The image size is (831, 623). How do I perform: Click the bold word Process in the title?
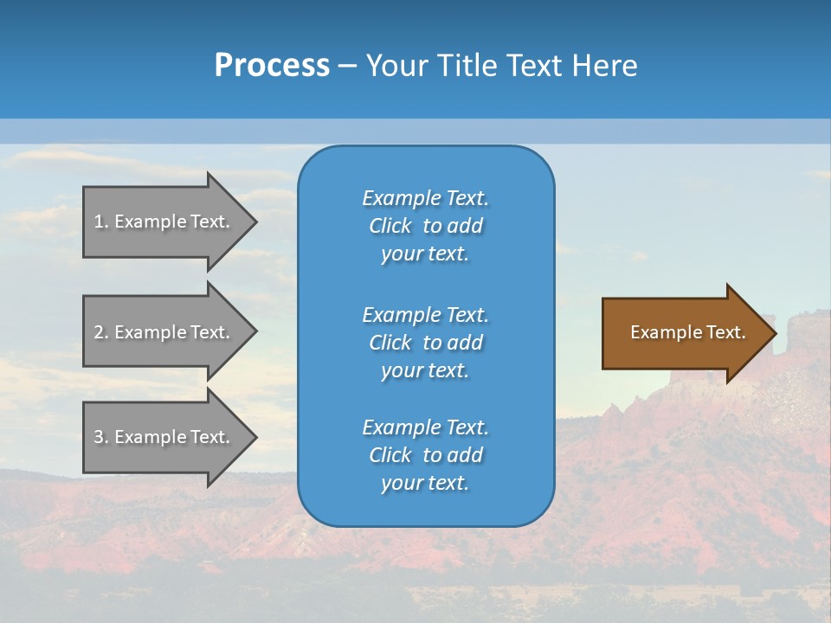(272, 66)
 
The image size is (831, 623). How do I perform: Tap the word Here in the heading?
(603, 66)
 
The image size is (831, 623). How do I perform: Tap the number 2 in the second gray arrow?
(99, 332)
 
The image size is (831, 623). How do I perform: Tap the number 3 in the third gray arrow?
(99, 437)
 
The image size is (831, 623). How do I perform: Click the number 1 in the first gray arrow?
(99, 222)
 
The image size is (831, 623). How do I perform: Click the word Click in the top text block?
(390, 226)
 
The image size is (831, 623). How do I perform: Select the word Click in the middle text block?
(390, 343)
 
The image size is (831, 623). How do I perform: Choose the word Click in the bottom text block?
(390, 455)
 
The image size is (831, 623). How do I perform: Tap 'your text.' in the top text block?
(425, 254)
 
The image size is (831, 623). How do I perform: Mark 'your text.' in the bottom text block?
(425, 483)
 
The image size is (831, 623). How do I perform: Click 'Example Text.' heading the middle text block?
(425, 315)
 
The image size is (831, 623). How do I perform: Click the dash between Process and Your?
(347, 67)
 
